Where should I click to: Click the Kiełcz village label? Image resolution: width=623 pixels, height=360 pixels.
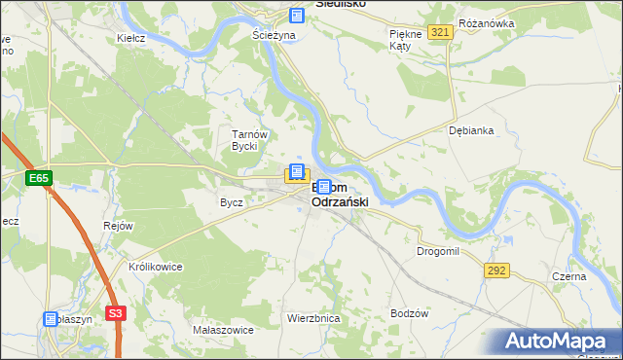pyautogui.click(x=130, y=38)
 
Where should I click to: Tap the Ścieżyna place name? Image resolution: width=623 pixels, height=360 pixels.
pyautogui.click(x=273, y=34)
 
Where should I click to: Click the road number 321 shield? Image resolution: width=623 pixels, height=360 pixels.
pyautogui.click(x=440, y=33)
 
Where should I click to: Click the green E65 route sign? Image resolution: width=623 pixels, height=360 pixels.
pyautogui.click(x=39, y=178)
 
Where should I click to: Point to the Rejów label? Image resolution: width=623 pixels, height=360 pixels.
pyautogui.click(x=118, y=226)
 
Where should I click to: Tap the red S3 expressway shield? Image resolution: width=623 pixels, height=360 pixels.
pyautogui.click(x=116, y=313)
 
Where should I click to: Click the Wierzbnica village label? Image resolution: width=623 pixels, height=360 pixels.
pyautogui.click(x=312, y=318)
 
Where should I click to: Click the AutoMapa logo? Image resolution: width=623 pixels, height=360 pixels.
pyautogui.click(x=557, y=341)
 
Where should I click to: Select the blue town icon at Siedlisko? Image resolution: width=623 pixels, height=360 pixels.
pyautogui.click(x=297, y=16)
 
